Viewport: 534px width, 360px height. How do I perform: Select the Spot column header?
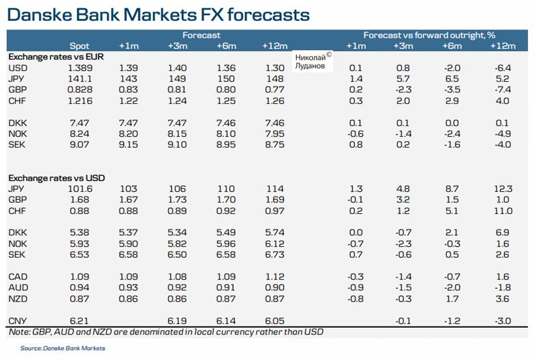(x=79, y=46)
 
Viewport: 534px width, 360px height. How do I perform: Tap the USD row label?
(x=17, y=68)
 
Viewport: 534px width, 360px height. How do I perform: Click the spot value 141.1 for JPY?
(x=79, y=78)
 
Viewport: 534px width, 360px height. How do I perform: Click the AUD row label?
(x=17, y=287)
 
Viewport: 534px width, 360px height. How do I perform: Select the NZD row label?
(x=17, y=298)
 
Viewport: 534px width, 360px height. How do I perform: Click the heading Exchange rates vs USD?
(x=56, y=178)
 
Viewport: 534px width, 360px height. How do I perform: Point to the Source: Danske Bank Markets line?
(x=62, y=348)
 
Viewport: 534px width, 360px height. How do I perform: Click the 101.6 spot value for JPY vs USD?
(x=79, y=189)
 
